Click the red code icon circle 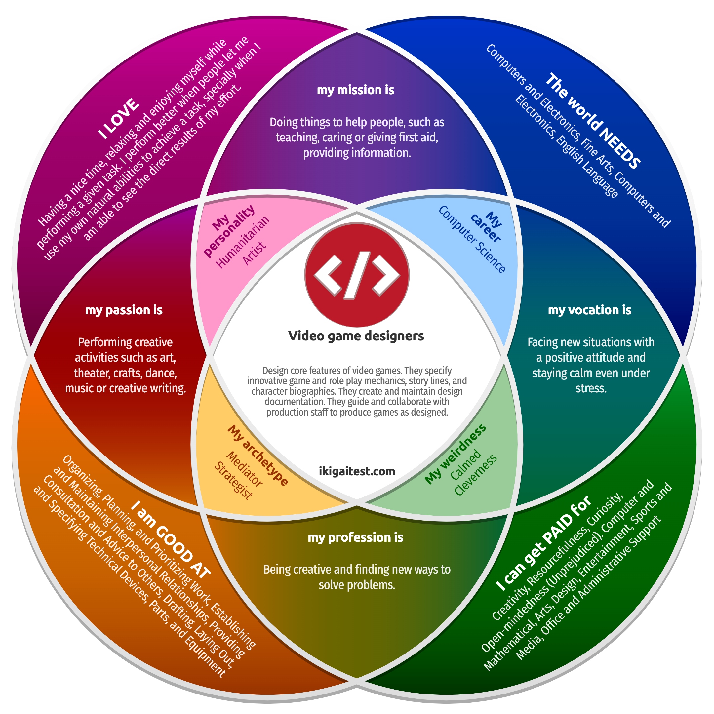click(x=357, y=275)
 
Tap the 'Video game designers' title click(x=356, y=336)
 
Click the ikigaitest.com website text click(x=357, y=471)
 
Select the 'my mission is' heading click(x=356, y=90)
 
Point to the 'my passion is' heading click(x=124, y=310)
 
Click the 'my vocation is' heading click(x=589, y=310)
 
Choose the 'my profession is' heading click(x=356, y=537)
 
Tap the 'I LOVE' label click(x=118, y=119)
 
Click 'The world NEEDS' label click(x=593, y=121)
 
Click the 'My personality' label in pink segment click(x=229, y=230)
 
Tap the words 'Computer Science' click(x=472, y=239)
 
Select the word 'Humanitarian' click(x=242, y=242)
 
